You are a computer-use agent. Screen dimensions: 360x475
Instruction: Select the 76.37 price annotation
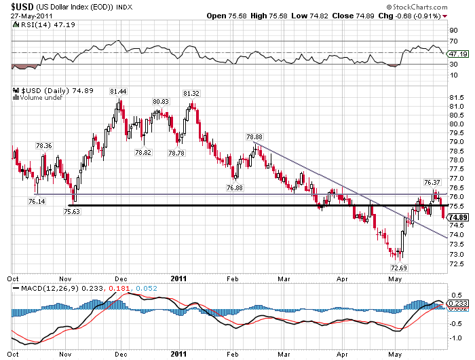point(432,182)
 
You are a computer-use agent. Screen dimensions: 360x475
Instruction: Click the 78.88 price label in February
point(254,137)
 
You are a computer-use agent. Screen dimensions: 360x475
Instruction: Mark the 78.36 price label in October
point(43,145)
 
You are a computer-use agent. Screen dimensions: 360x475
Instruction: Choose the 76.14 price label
point(37,201)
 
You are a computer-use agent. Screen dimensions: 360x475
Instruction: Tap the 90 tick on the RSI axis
point(453,30)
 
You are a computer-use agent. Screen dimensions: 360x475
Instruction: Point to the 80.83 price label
point(161,101)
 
